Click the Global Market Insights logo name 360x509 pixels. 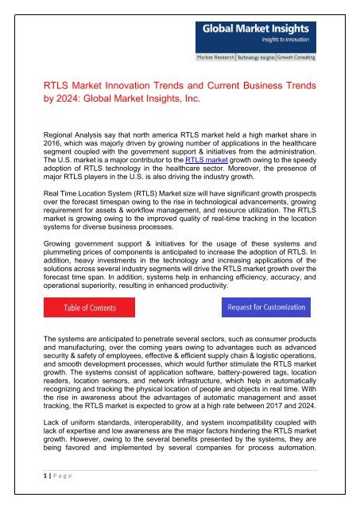coord(254,31)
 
